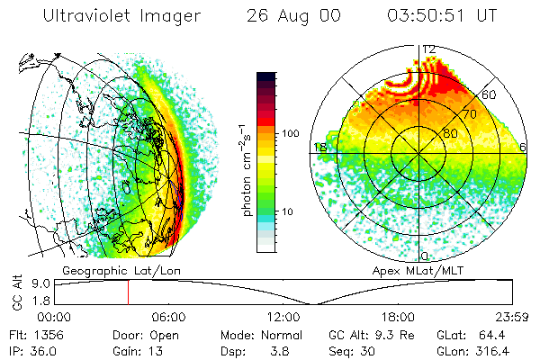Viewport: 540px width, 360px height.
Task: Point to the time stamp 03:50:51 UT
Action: [440, 16]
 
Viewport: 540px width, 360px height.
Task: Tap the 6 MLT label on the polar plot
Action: [523, 147]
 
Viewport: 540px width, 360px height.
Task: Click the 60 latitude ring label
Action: [489, 94]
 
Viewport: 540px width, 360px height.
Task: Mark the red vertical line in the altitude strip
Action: [128, 292]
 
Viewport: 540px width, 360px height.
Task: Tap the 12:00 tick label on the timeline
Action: [283, 317]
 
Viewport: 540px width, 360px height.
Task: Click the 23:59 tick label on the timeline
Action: [511, 317]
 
